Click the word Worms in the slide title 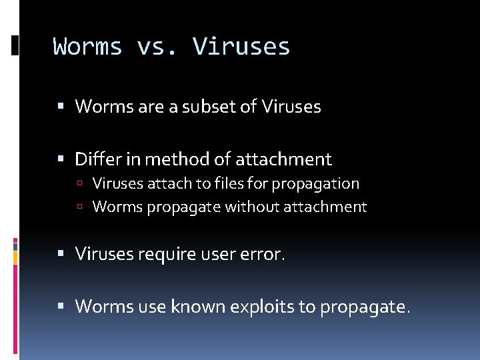(88, 47)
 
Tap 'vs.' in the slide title (157, 47)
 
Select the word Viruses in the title (241, 47)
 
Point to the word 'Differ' (98, 159)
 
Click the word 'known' (198, 306)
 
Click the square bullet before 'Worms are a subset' (61, 107)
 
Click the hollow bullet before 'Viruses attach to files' (79, 184)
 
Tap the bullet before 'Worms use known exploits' (61, 307)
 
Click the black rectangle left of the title (15, 45)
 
